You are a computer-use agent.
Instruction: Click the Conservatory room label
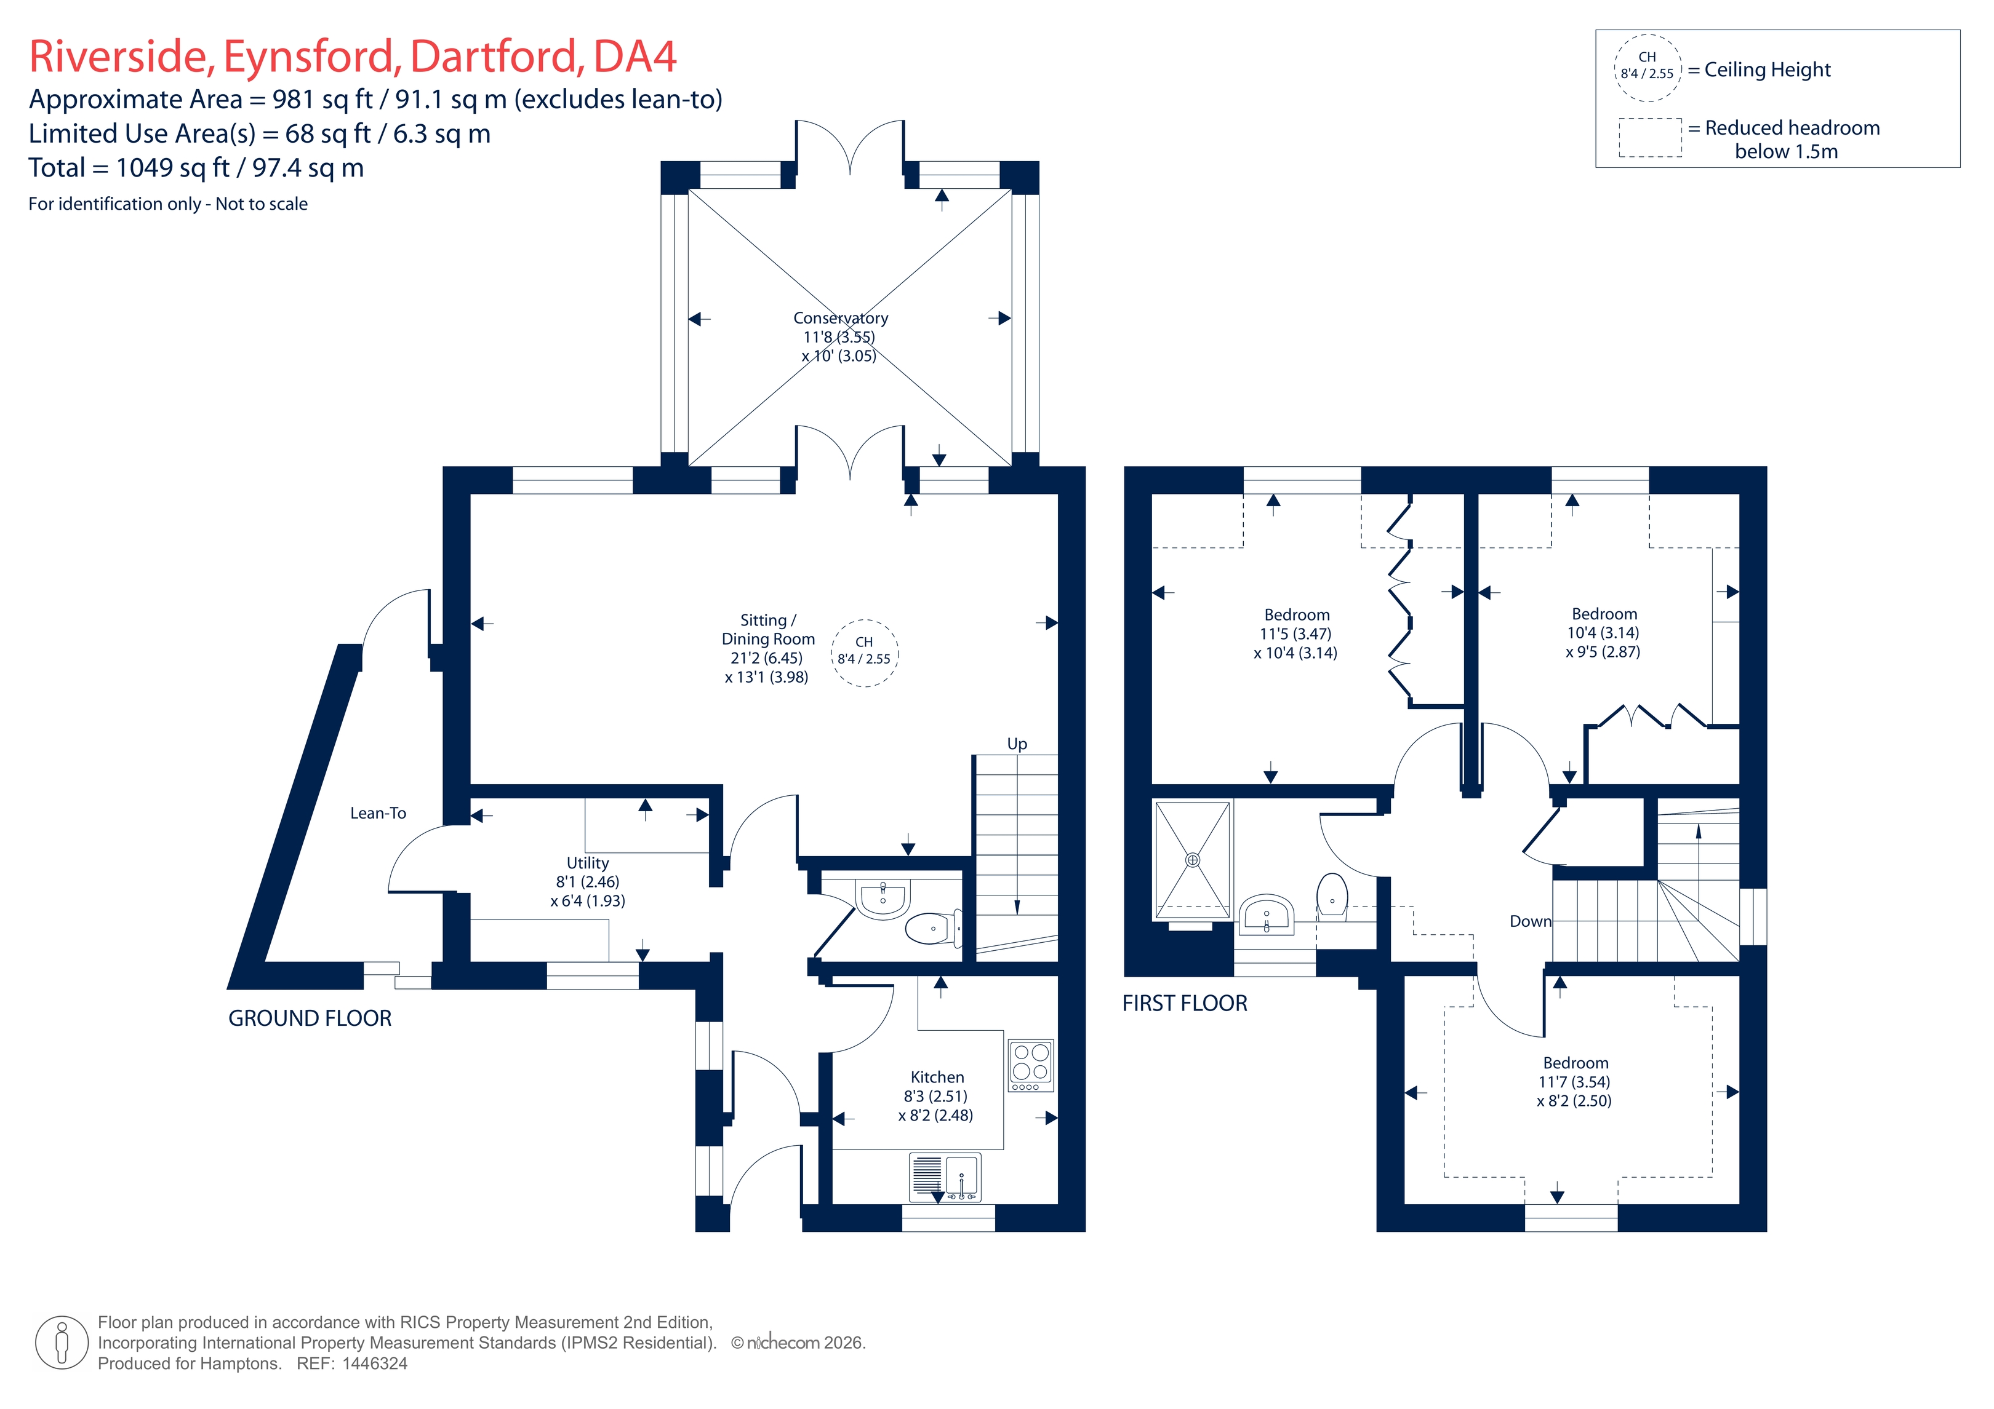(840, 319)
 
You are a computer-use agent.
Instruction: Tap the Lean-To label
(378, 814)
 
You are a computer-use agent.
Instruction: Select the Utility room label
(588, 863)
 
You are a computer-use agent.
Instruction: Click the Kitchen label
(937, 1078)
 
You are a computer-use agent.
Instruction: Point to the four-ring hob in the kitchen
(1031, 1065)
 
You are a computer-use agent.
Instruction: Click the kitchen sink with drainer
(945, 1177)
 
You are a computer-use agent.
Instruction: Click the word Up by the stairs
(1017, 744)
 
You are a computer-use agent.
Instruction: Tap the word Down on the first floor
(1530, 922)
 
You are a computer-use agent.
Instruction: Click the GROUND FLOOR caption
(310, 1018)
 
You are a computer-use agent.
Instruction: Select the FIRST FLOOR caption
(1185, 1004)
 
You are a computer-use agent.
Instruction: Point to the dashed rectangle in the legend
(1650, 138)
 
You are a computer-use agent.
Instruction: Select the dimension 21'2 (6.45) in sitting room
(766, 658)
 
